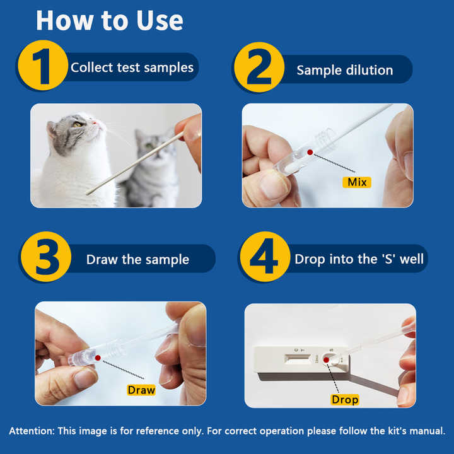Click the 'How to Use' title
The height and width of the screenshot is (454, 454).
(110, 21)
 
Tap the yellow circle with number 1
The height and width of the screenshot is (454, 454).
(43, 66)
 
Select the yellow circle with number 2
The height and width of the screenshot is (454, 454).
(259, 67)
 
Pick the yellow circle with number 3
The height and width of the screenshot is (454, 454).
(46, 257)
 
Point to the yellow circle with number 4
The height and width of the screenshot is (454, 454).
(265, 257)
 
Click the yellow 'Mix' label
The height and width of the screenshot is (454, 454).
(357, 182)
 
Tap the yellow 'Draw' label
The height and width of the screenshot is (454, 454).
(141, 390)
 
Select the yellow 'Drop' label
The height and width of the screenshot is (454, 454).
(345, 400)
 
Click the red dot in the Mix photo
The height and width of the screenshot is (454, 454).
(310, 153)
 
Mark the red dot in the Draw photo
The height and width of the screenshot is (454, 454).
(98, 358)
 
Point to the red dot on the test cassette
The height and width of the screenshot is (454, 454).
(327, 360)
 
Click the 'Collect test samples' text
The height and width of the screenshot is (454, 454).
(132, 67)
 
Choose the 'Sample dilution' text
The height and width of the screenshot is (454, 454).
(345, 71)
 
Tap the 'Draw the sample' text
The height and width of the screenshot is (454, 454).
(137, 259)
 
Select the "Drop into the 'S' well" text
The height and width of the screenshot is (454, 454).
(359, 259)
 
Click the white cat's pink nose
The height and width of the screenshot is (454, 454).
(95, 123)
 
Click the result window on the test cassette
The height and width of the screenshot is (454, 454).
(298, 359)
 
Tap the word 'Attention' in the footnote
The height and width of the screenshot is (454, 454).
(32, 431)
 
